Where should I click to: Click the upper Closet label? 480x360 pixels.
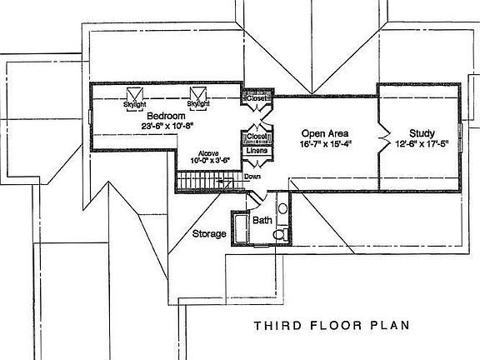(x=254, y=98)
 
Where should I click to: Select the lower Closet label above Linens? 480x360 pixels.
(x=255, y=137)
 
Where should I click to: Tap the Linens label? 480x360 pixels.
(x=255, y=150)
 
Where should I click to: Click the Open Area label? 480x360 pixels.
(x=324, y=133)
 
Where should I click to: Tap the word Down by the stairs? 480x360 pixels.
(x=252, y=177)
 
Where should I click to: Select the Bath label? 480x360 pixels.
(x=262, y=221)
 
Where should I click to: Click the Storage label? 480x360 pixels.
(x=209, y=234)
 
